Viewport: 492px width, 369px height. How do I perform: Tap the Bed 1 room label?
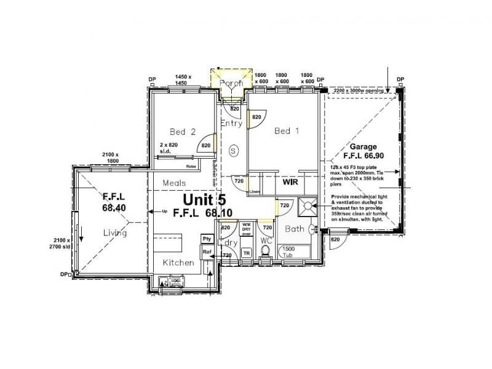coord(287,130)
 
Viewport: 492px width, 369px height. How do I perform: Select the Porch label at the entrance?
coord(231,83)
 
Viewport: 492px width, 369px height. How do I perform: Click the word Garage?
coord(363,148)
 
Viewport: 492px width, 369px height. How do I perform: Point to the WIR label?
coord(290,183)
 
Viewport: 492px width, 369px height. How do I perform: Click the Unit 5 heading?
coord(204,200)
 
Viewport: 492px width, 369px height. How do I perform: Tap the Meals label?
coord(174,183)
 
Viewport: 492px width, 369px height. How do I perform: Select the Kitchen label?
coord(178,263)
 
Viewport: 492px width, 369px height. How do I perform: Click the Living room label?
coord(114,232)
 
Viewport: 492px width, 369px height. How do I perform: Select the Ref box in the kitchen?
coord(207,252)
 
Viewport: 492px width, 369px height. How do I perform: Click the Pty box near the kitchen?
coord(207,239)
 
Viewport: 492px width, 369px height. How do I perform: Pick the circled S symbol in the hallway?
coord(233,149)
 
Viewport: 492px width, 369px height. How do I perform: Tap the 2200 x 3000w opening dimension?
coord(359,90)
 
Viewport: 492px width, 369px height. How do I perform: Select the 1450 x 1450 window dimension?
coord(182,79)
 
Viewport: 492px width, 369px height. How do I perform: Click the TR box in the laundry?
coord(246,253)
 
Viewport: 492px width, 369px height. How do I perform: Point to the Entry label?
coord(231,124)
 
